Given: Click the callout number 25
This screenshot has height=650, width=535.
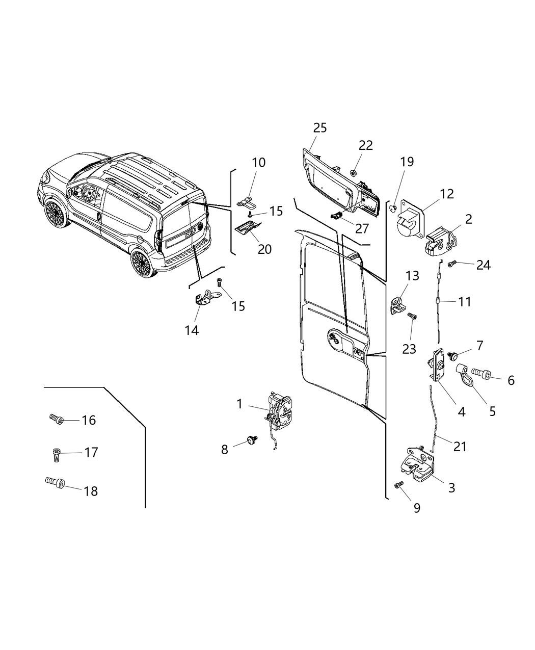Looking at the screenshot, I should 319,127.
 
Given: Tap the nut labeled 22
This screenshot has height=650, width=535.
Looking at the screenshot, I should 353,173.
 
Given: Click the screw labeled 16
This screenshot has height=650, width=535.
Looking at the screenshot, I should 56,419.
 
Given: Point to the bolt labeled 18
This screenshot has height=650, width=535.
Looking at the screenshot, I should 53,481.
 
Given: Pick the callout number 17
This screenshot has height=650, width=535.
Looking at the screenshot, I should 91,452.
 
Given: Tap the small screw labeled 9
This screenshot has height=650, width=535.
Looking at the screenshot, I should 399,484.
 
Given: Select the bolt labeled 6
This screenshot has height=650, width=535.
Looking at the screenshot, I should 481,376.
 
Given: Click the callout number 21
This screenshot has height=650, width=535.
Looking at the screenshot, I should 460,446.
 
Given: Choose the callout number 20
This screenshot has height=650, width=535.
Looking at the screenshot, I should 264,249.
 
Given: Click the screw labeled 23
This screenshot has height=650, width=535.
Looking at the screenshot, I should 412,317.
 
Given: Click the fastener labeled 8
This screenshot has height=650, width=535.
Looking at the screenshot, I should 251,439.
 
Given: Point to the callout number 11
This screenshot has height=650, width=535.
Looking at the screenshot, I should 464,301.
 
